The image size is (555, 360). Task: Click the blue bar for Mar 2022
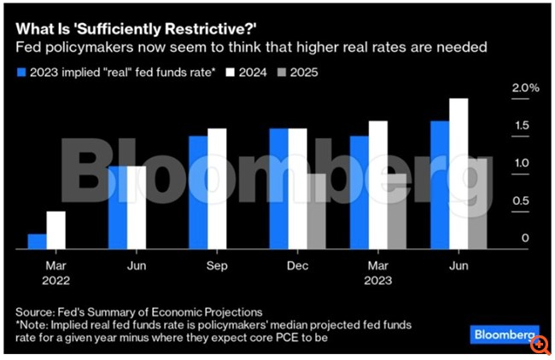click(37, 241)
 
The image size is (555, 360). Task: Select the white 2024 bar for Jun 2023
click(459, 174)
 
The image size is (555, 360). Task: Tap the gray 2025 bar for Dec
click(316, 212)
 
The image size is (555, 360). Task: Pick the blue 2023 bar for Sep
click(198, 193)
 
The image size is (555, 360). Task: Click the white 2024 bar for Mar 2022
click(55, 230)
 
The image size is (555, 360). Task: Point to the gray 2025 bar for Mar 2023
click(396, 212)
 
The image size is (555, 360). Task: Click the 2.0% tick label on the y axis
click(525, 89)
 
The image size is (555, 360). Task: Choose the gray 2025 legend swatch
click(285, 73)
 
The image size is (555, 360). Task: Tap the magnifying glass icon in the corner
click(540, 345)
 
